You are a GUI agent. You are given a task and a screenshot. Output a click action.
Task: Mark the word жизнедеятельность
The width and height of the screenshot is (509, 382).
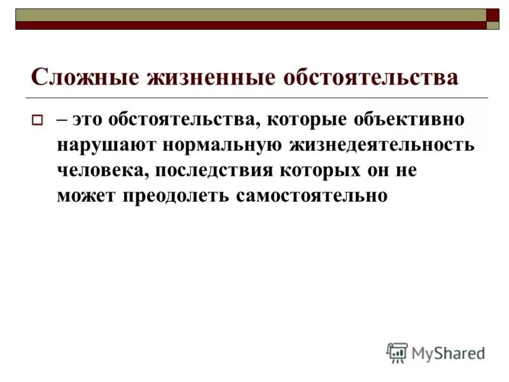point(382,144)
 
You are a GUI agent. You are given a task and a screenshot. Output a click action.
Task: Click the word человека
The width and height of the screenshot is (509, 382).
point(99,170)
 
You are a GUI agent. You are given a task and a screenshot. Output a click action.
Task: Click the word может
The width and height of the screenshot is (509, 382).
point(82,195)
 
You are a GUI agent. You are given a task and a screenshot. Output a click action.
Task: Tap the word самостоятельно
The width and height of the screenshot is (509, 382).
point(311,195)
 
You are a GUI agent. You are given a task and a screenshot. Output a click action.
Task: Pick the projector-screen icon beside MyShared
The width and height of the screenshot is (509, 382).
point(397,352)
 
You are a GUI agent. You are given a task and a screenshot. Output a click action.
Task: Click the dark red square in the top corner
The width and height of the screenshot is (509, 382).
point(492,15)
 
